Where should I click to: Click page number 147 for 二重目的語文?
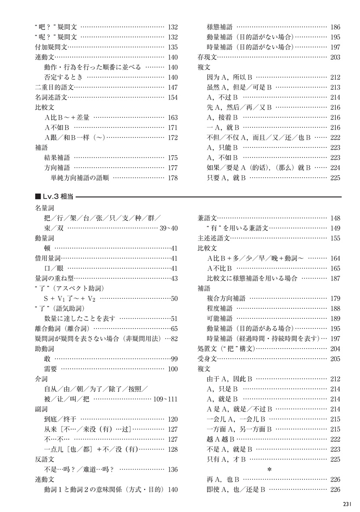(172, 87)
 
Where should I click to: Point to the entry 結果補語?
(57, 157)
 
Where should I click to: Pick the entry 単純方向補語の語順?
(80, 177)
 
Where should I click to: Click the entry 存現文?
(207, 57)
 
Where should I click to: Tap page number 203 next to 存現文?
(335, 57)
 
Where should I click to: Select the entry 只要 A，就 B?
(227, 177)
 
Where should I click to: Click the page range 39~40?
(169, 228)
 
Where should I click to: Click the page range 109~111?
(165, 399)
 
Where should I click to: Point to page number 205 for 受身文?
(335, 358)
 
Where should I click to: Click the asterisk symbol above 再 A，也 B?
(269, 470)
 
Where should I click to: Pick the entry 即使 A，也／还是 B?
(236, 489)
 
